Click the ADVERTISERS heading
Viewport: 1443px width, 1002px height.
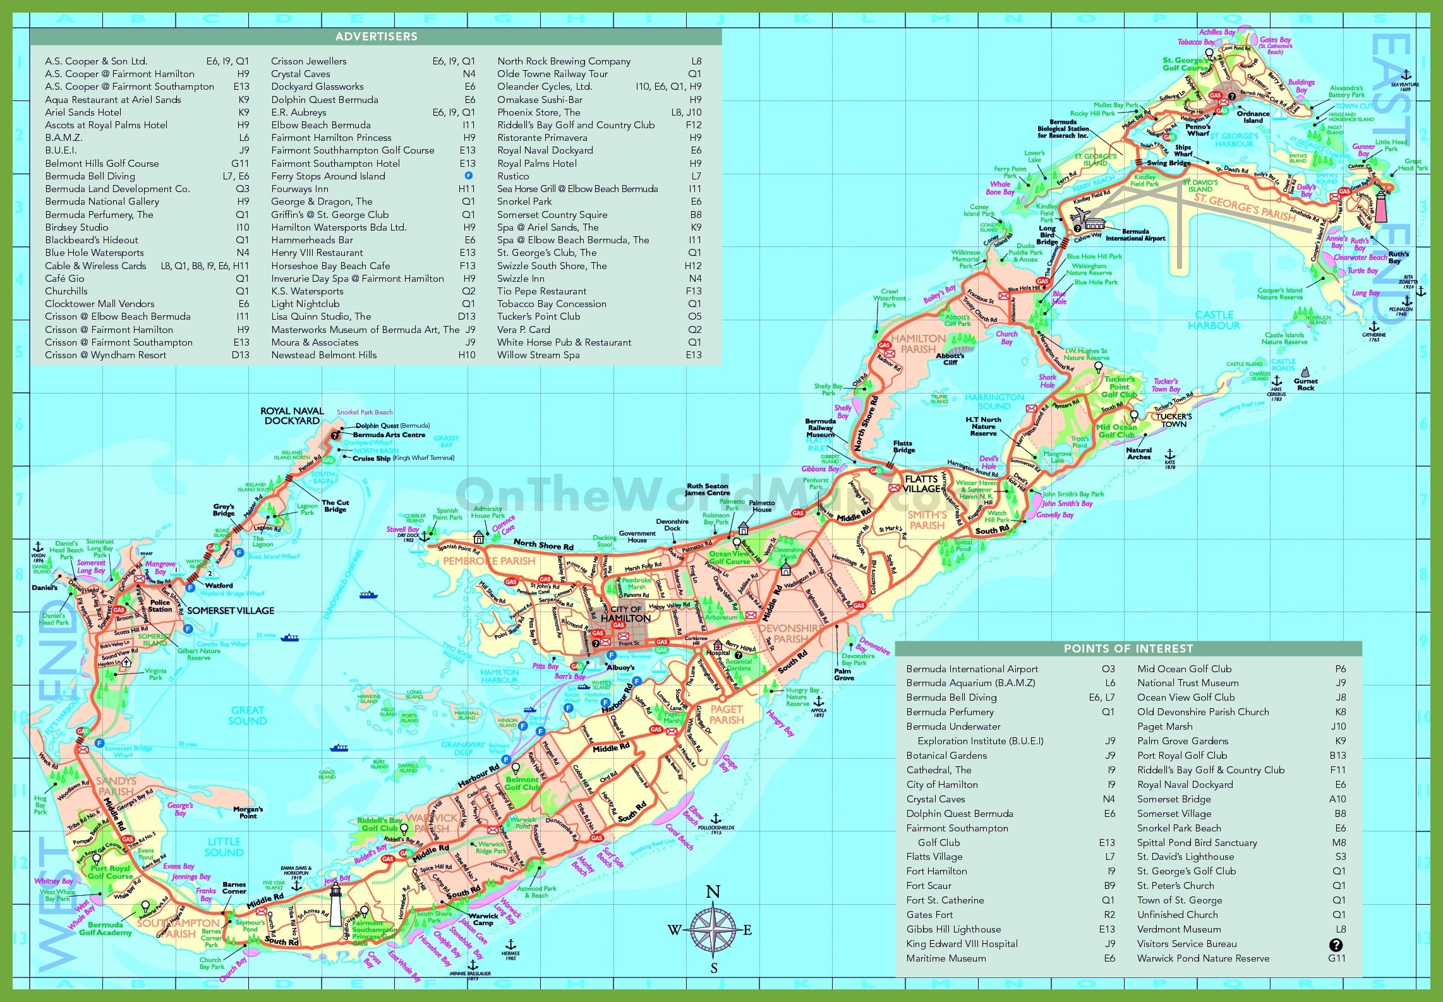tap(376, 37)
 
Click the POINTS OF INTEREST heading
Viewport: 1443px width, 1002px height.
tap(1128, 649)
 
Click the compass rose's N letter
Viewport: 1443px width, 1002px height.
tap(713, 892)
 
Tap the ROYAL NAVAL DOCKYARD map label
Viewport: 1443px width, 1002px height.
tap(292, 416)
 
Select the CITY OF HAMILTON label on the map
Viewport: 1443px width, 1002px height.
tap(625, 614)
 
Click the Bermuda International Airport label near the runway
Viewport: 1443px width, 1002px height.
tap(1135, 235)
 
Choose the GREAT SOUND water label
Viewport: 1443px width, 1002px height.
tap(248, 716)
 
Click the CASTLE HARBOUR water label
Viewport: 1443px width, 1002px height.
tap(1214, 320)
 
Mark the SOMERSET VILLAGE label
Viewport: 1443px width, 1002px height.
tap(231, 611)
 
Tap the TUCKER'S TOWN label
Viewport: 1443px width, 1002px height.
tap(1174, 420)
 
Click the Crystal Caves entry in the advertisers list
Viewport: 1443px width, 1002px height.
tap(301, 74)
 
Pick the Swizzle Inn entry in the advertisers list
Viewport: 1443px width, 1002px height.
tap(521, 279)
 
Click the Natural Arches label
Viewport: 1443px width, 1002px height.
tap(1138, 454)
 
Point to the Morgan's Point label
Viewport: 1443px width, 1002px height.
tap(248, 812)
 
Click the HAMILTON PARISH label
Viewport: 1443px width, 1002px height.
tap(918, 344)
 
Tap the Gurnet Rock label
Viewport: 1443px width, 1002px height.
tap(1305, 384)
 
